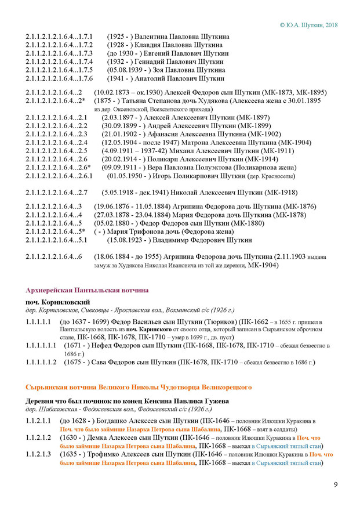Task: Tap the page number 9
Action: pyautogui.click(x=336, y=485)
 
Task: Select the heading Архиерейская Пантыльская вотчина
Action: pyautogui.click(x=87, y=290)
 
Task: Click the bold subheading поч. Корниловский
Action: pyautogui.click(x=57, y=302)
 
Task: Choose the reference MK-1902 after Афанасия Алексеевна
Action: pyautogui.click(x=261, y=133)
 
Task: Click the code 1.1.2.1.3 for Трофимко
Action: pyautogui.click(x=38, y=455)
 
